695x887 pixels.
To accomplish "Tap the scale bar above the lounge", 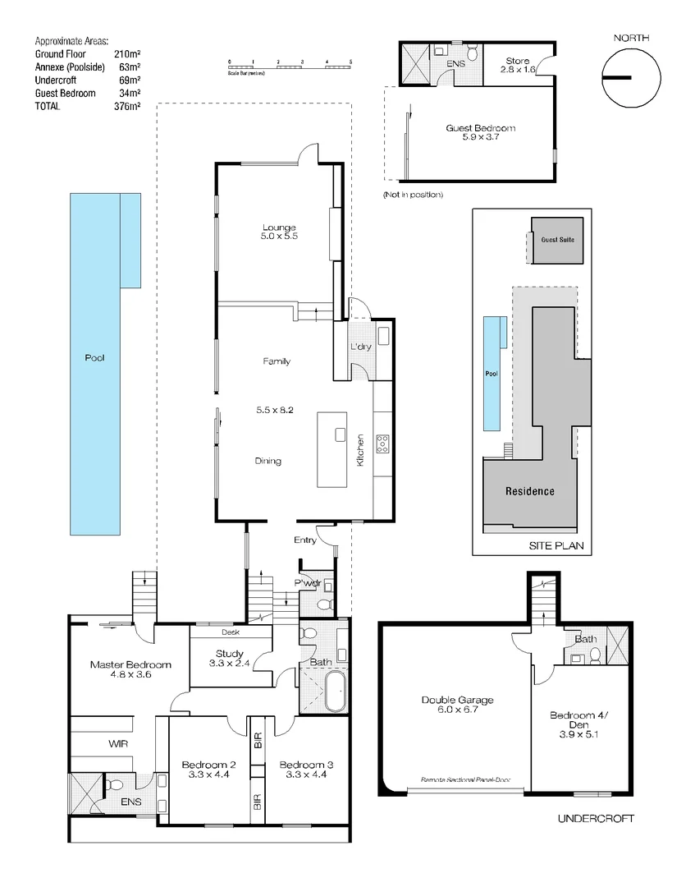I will coord(290,63).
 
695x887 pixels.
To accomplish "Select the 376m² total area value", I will coord(127,106).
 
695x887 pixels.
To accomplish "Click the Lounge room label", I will coord(279,232).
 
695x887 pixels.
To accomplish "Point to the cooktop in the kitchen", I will coord(382,443).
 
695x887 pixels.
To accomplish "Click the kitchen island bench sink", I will coord(341,435).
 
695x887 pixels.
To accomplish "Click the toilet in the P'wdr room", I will coord(324,604).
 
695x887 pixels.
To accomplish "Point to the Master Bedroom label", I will coord(130,669).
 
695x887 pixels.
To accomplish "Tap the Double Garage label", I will coord(457,705).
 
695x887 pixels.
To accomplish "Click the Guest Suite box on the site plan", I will coord(557,240).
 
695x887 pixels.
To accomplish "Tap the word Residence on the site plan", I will coord(529,491).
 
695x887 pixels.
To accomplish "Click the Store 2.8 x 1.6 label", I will coord(518,66).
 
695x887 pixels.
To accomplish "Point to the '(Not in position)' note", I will coord(413,195).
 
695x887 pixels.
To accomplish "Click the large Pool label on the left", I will coord(95,358).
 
